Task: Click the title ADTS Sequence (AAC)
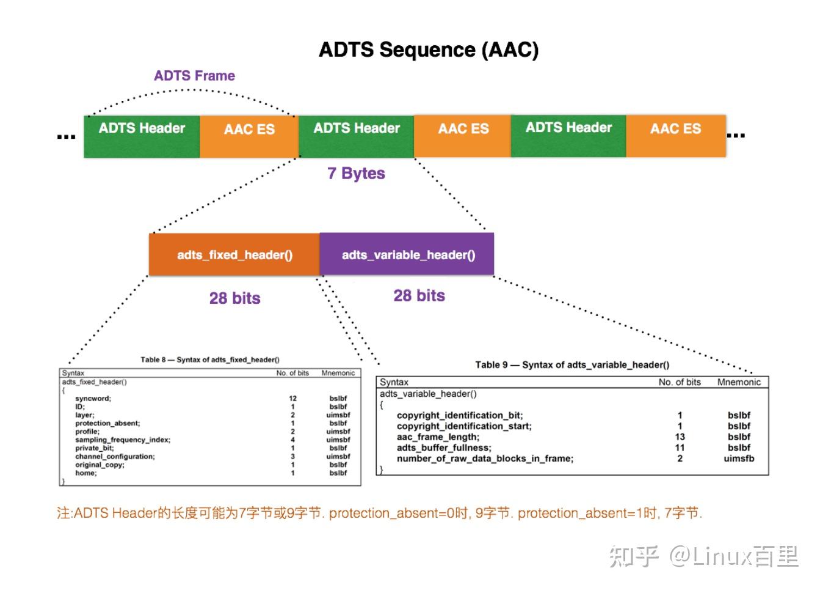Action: pyautogui.click(x=429, y=50)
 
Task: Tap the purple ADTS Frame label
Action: pyautogui.click(x=194, y=76)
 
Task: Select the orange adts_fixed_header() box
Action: pyautogui.click(x=234, y=255)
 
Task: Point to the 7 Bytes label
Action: pyautogui.click(x=356, y=174)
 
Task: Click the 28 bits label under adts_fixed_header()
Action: pyautogui.click(x=234, y=298)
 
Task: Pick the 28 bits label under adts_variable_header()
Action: pyautogui.click(x=419, y=296)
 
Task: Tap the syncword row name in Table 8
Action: pyautogui.click(x=93, y=399)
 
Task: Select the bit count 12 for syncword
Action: pyautogui.click(x=293, y=399)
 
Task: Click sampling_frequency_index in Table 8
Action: pyautogui.click(x=123, y=440)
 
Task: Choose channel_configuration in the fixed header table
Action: pyautogui.click(x=115, y=456)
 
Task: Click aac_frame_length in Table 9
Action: pyautogui.click(x=438, y=437)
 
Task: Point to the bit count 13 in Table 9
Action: pyautogui.click(x=680, y=437)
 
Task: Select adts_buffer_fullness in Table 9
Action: pyautogui.click(x=444, y=448)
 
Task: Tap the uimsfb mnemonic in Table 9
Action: pyautogui.click(x=739, y=459)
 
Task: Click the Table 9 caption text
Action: pyautogui.click(x=572, y=365)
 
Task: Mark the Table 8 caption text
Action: pyautogui.click(x=210, y=360)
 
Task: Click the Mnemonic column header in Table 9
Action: pyautogui.click(x=739, y=382)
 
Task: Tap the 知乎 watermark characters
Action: pyautogui.click(x=634, y=556)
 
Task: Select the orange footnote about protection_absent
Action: pyautogui.click(x=379, y=513)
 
